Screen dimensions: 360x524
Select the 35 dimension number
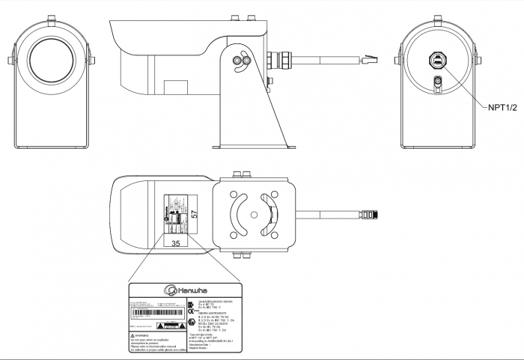[176, 243]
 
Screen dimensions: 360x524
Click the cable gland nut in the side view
[285, 58]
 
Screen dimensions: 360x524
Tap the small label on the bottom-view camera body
[177, 215]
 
